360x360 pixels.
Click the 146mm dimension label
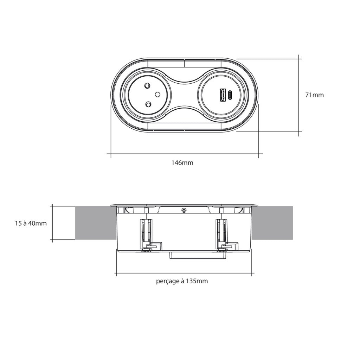click(182, 163)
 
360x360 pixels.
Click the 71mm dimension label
click(314, 95)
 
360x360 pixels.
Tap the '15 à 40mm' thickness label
click(31, 223)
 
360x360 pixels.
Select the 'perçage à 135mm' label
click(182, 281)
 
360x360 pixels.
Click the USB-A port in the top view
click(222, 95)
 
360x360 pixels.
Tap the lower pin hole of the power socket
click(148, 104)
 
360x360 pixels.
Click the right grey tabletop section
click(272, 223)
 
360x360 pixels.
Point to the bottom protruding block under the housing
click(198, 255)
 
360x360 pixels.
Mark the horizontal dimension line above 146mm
click(185, 154)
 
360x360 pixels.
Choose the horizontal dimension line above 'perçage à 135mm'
click(184, 273)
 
